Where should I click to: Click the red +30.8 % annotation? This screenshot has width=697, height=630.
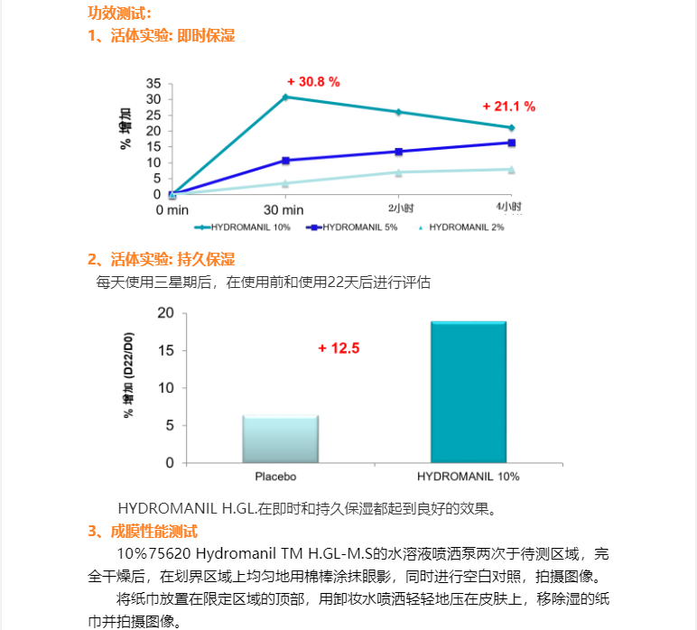(313, 82)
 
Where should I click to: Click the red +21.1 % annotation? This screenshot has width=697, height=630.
(509, 107)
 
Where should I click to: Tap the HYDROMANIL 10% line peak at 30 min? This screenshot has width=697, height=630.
(285, 97)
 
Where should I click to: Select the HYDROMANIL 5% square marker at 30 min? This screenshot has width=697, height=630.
(285, 160)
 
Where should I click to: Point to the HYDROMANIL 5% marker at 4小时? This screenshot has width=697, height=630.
(511, 143)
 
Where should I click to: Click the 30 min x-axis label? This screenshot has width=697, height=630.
(285, 209)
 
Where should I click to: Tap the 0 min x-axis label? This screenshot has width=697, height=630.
(172, 209)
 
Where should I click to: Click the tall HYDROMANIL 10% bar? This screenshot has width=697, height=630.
(469, 392)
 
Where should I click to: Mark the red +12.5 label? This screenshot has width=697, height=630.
(339, 348)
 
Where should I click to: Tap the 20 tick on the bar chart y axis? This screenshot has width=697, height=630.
(165, 313)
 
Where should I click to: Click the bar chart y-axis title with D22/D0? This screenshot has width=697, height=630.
(129, 377)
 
